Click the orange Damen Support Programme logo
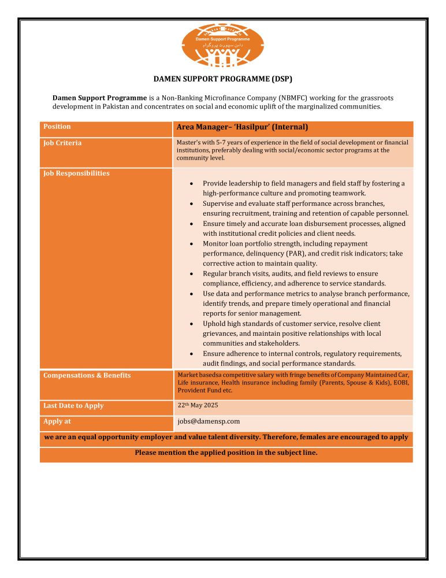(x=223, y=46)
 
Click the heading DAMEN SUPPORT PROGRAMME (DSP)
(x=222, y=78)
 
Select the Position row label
(x=57, y=127)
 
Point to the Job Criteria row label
(x=62, y=143)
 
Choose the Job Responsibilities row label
(x=76, y=173)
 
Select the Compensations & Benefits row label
(x=87, y=376)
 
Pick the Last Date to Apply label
(x=73, y=406)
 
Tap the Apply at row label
(x=57, y=422)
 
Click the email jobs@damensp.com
(x=209, y=421)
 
